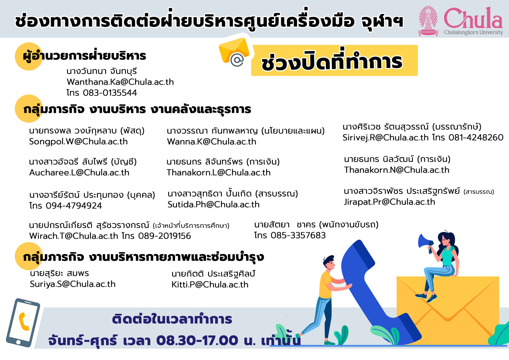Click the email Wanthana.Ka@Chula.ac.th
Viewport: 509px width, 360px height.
[x=120, y=82]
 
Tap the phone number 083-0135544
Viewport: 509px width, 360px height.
[x=110, y=93]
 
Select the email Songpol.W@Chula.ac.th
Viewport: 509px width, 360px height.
[x=78, y=142]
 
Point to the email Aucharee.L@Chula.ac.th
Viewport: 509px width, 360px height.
[x=79, y=173]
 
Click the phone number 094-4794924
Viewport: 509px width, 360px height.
[x=74, y=206]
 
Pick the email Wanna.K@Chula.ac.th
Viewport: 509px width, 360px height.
[x=212, y=142]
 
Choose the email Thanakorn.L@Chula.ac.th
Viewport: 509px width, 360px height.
[x=219, y=173]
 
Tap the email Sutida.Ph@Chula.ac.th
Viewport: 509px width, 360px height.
[x=214, y=205]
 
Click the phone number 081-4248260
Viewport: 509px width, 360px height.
[x=476, y=138]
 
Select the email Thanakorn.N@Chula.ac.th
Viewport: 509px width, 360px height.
[x=397, y=170]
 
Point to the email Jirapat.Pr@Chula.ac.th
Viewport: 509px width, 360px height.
[x=389, y=202]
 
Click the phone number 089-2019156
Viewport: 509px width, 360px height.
[x=165, y=236]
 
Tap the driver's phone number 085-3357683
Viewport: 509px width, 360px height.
[x=298, y=235]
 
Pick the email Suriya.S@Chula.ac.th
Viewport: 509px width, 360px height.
[x=73, y=284]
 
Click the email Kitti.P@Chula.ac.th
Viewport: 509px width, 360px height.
[x=210, y=285]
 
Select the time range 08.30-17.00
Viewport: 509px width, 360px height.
[x=197, y=341]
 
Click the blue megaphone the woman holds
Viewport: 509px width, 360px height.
[x=425, y=242]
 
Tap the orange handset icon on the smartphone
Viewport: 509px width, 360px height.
[x=24, y=321]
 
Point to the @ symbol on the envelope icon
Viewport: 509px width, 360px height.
[x=237, y=60]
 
